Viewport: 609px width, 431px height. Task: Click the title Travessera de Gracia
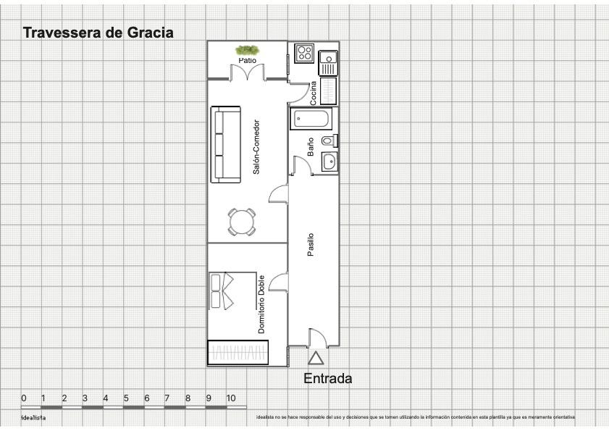98,33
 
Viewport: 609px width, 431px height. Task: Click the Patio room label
247,61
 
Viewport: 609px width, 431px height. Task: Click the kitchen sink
328,61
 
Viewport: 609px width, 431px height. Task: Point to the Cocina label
314,93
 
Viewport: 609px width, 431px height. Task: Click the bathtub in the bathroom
311,118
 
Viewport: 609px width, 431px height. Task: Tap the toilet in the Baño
329,141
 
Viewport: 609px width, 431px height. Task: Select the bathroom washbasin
329,162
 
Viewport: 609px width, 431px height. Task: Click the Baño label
311,147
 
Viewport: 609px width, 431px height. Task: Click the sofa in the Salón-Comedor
226,145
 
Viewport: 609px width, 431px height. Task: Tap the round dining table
241,222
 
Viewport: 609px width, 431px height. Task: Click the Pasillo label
311,244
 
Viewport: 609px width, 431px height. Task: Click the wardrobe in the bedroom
238,352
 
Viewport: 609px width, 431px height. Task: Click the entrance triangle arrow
315,358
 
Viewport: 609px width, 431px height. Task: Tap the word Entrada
327,378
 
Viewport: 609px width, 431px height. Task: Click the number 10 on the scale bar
231,398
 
